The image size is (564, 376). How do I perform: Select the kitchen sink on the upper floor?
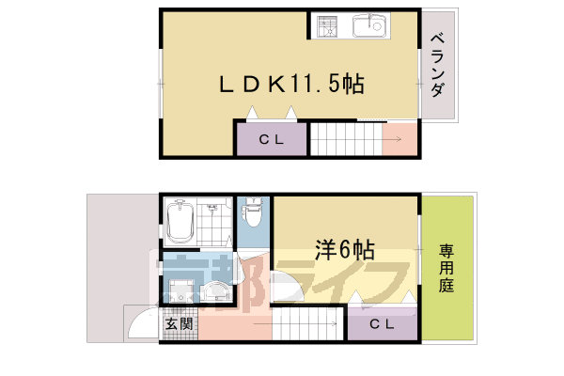(369, 26)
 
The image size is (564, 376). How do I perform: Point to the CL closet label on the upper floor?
(271, 140)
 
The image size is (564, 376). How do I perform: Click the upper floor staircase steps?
(346, 140)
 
